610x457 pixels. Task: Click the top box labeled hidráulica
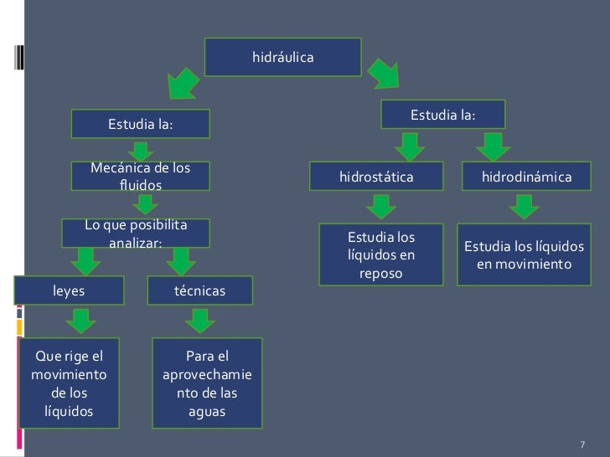pyautogui.click(x=282, y=58)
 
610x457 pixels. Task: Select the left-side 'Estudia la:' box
pyautogui.click(x=140, y=125)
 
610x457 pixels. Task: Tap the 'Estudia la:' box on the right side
pyautogui.click(x=442, y=115)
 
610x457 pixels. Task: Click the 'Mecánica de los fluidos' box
pyautogui.click(x=140, y=176)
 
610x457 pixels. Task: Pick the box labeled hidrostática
pyautogui.click(x=376, y=177)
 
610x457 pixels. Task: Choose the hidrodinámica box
pyautogui.click(x=526, y=177)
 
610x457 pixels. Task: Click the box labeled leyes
pyautogui.click(x=69, y=290)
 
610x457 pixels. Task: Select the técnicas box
pyautogui.click(x=199, y=290)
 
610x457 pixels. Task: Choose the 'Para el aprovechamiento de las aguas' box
pyautogui.click(x=207, y=380)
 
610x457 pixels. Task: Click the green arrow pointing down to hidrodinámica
pyautogui.click(x=494, y=146)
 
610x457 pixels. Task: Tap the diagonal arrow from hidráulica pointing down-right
pyautogui.click(x=385, y=74)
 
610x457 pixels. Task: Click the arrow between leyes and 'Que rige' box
pyautogui.click(x=79, y=320)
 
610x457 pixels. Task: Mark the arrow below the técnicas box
pyautogui.click(x=199, y=320)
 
